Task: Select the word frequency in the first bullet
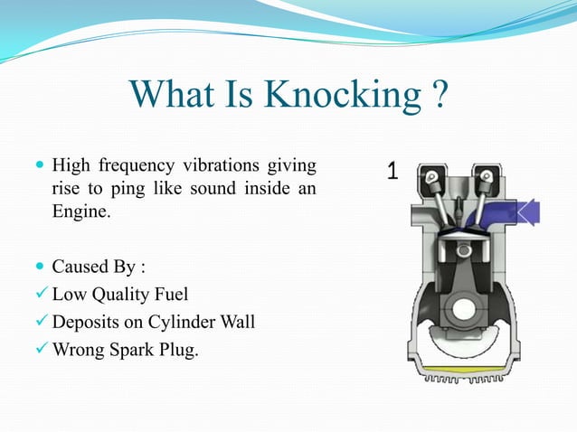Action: coord(136,166)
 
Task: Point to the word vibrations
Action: coord(219,166)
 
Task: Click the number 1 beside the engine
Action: coord(393,171)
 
